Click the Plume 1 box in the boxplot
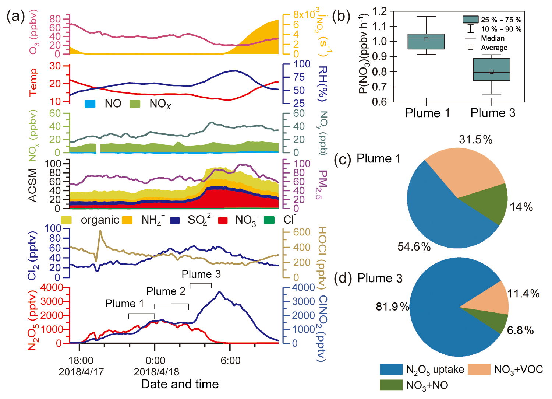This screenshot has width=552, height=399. click(x=426, y=41)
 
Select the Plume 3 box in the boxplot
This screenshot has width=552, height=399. click(x=492, y=69)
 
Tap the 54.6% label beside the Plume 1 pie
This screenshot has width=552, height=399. click(x=414, y=246)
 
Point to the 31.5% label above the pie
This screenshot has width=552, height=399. click(x=475, y=140)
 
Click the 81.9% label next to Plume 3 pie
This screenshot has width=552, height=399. click(x=392, y=307)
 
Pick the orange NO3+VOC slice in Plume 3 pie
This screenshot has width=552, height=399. click(x=493, y=299)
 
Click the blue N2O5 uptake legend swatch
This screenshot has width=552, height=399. click(x=391, y=369)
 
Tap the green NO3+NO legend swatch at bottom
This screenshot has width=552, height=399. click(x=391, y=385)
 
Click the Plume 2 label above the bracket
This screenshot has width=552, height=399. click(x=166, y=291)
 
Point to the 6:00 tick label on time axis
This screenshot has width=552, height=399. click(x=230, y=360)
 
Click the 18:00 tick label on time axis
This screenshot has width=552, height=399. click(x=81, y=360)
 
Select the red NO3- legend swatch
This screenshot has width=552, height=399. click(x=223, y=220)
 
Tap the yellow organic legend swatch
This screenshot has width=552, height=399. click(x=66, y=220)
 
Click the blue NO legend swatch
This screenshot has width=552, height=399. click(x=90, y=104)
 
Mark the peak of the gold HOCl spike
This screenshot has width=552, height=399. click(x=100, y=231)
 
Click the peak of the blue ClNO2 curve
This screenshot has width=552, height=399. click(x=220, y=292)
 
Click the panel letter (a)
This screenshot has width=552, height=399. click(x=16, y=17)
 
